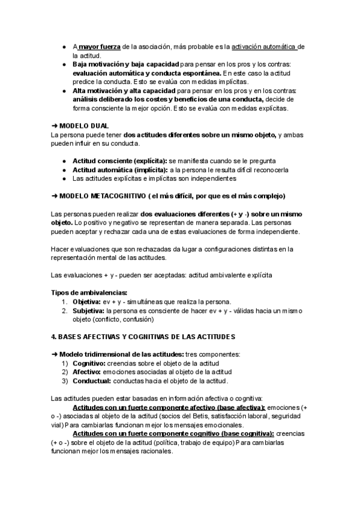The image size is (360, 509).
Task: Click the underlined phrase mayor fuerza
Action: pyautogui.click(x=100, y=46)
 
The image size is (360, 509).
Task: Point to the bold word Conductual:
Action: pyautogui.click(x=92, y=381)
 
